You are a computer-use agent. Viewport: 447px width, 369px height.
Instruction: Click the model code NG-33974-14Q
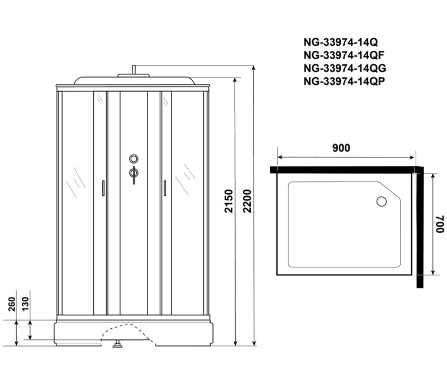pyautogui.click(x=341, y=42)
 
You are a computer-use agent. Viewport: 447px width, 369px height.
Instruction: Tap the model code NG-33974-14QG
pyautogui.click(x=345, y=68)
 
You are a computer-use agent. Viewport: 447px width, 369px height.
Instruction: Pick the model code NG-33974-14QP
pyautogui.click(x=344, y=81)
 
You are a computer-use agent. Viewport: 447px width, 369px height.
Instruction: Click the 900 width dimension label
pyautogui.click(x=341, y=148)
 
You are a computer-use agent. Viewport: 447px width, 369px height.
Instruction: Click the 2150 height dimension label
pyautogui.click(x=229, y=201)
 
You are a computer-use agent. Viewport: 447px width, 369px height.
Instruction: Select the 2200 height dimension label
pyautogui.click(x=247, y=201)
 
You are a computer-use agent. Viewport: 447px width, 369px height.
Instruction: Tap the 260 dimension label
pyautogui.click(x=12, y=304)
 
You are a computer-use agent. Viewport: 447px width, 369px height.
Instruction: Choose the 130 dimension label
pyautogui.click(x=25, y=304)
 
